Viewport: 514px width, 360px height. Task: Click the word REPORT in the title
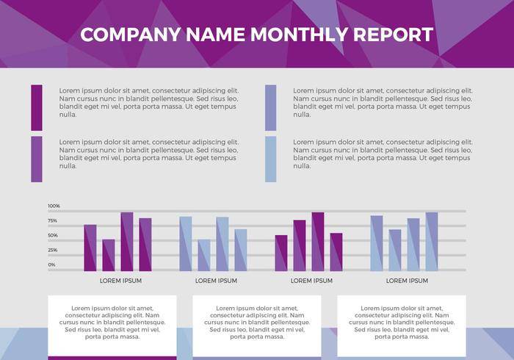[x=393, y=35]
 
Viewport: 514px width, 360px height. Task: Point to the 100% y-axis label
[x=54, y=206]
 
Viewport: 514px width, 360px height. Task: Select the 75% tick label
[x=53, y=220]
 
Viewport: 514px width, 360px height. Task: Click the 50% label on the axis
[x=53, y=235]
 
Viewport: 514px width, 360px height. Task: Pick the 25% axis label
[x=53, y=250]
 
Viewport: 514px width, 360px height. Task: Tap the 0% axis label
[x=51, y=264]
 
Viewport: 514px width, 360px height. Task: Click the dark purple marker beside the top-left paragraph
[x=37, y=107]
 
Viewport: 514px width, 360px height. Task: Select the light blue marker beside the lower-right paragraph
[x=271, y=159]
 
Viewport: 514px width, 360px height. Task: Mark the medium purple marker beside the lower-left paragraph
[x=37, y=159]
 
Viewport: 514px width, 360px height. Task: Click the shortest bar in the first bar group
[x=109, y=255]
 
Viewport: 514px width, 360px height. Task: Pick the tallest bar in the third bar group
[x=318, y=242]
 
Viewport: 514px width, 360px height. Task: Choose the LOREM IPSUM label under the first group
[x=120, y=281]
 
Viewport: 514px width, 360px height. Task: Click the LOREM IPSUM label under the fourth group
[x=407, y=281]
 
